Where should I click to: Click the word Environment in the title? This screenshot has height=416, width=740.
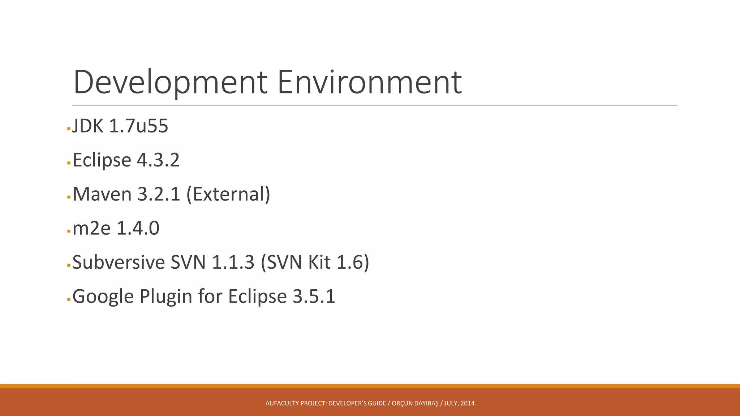point(369,82)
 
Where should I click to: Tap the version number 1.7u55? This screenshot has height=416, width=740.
point(138,126)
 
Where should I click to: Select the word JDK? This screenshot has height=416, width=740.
point(88,126)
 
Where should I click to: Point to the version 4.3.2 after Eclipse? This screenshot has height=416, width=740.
point(158,160)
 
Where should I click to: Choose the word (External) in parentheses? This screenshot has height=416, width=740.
point(228,194)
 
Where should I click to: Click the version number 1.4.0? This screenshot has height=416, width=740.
point(138,228)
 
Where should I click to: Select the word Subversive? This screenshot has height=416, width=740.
point(119,262)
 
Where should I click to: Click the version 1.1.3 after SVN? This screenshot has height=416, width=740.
point(233,262)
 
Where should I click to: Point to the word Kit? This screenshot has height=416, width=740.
point(319,262)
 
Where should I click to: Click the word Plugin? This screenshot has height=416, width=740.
point(166,296)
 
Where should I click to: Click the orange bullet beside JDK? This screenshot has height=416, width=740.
point(69,129)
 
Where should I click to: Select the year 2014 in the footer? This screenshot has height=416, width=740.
point(468,403)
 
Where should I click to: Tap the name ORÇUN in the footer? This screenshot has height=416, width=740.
point(402,403)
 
